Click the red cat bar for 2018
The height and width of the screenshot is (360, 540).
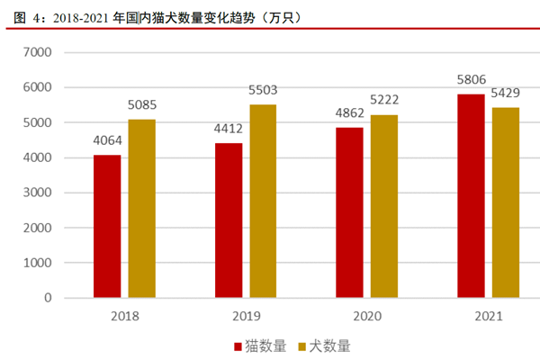pos(107,226)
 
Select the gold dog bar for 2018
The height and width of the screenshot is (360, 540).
pos(141,208)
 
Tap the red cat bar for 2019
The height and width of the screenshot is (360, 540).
pos(229,220)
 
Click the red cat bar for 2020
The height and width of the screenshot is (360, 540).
pos(349,212)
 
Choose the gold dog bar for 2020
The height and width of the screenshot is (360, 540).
pos(384,206)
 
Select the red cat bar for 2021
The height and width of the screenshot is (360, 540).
pos(471,195)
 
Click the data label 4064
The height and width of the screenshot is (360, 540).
pos(107,141)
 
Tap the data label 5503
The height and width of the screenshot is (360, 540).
pos(263,90)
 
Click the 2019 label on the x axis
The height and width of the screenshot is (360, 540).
pos(246,316)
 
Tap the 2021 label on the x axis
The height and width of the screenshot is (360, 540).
pos(488,316)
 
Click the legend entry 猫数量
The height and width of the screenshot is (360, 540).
pos(260,346)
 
